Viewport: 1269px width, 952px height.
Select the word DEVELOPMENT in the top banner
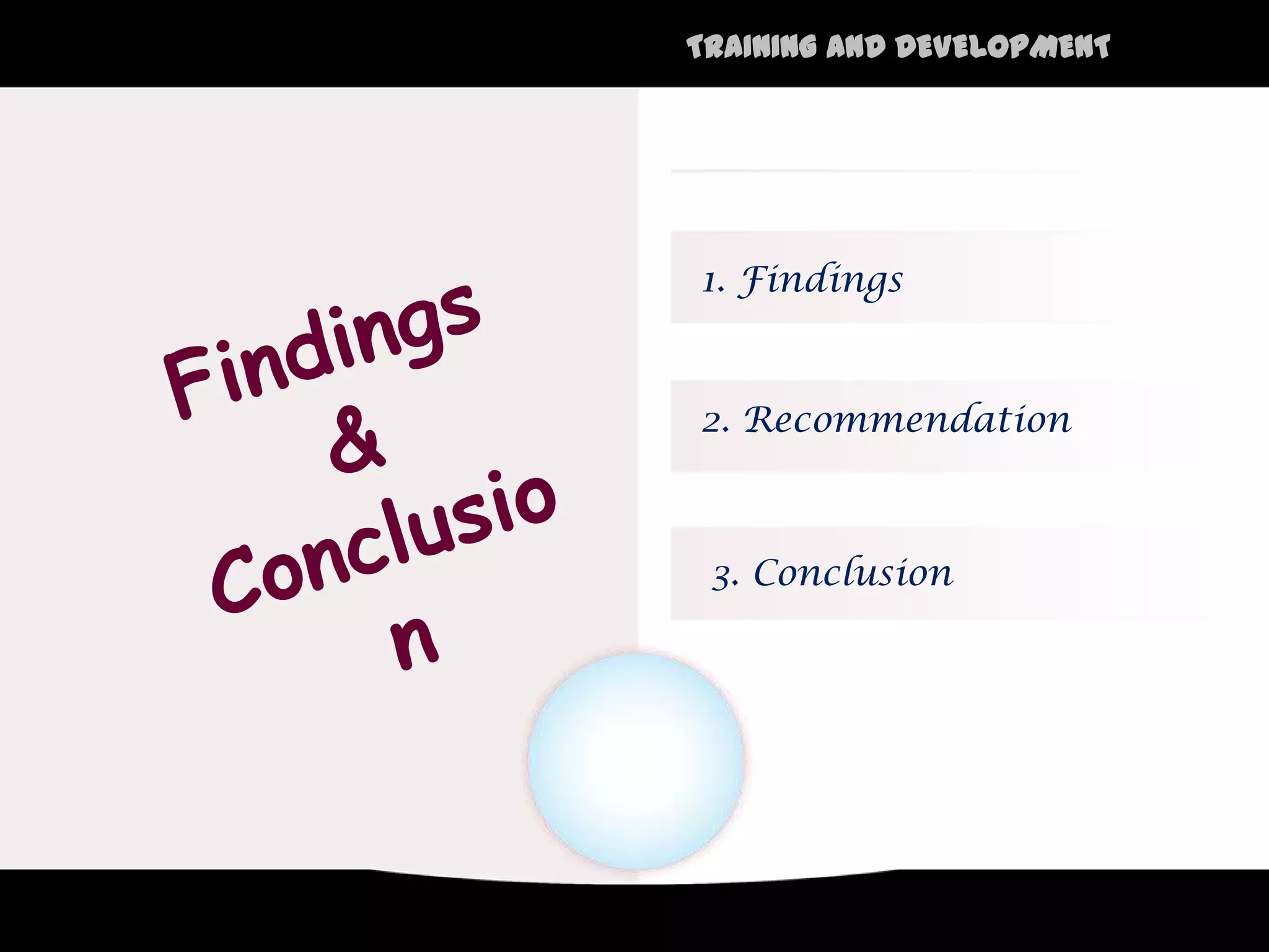point(1003,47)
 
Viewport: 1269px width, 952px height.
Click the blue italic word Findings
point(820,280)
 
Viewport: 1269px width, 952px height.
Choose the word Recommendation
point(908,420)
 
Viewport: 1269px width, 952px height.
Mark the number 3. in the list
point(725,576)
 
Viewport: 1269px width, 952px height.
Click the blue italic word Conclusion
point(853,573)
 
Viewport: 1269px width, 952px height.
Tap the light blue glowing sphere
point(636,761)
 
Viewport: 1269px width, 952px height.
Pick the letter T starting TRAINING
point(698,47)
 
